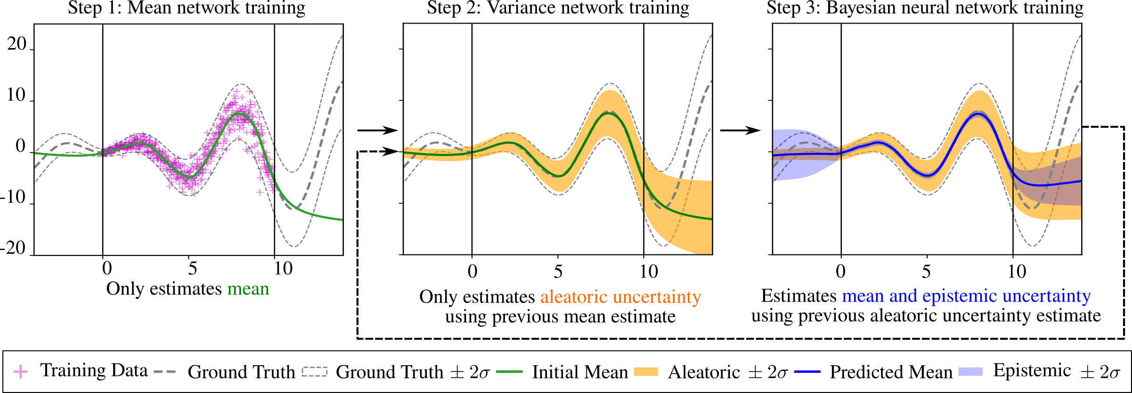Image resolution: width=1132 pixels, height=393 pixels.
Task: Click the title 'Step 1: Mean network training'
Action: pyautogui.click(x=187, y=8)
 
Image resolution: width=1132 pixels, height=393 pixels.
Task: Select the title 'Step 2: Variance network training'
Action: pyautogui.click(x=558, y=8)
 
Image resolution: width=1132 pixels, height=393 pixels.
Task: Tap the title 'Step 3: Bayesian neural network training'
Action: pyautogui.click(x=925, y=8)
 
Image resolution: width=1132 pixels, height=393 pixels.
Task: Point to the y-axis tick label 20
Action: pyautogui.click(x=16, y=45)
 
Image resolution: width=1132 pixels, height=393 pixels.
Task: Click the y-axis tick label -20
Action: pyautogui.click(x=13, y=248)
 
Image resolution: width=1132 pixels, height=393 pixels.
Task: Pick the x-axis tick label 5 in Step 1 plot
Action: pyautogui.click(x=192, y=269)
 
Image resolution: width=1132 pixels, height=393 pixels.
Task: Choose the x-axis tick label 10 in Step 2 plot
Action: pyautogui.click(x=648, y=271)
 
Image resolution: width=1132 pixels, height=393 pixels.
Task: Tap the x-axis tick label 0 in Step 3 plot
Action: pyautogui.click(x=840, y=271)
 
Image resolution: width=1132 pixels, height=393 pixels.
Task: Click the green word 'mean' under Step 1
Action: pyautogui.click(x=248, y=289)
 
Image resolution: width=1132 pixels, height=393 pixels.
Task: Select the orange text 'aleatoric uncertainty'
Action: pyautogui.click(x=620, y=297)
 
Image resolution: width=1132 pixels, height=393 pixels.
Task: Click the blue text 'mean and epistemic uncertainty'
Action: pyautogui.click(x=966, y=296)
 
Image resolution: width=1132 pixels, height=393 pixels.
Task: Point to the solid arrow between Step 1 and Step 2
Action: pyautogui.click(x=377, y=131)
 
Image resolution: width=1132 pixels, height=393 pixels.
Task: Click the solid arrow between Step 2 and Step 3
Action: pyautogui.click(x=740, y=131)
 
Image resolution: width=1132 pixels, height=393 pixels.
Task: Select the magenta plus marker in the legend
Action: pyautogui.click(x=21, y=372)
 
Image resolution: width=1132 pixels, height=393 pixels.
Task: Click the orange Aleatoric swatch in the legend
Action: pyautogui.click(x=645, y=372)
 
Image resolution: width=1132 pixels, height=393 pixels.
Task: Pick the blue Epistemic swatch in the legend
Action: pyautogui.click(x=970, y=372)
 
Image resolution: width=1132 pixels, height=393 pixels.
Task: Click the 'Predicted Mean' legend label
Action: pyautogui.click(x=891, y=372)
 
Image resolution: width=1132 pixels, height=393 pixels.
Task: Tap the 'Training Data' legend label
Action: pyautogui.click(x=94, y=371)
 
